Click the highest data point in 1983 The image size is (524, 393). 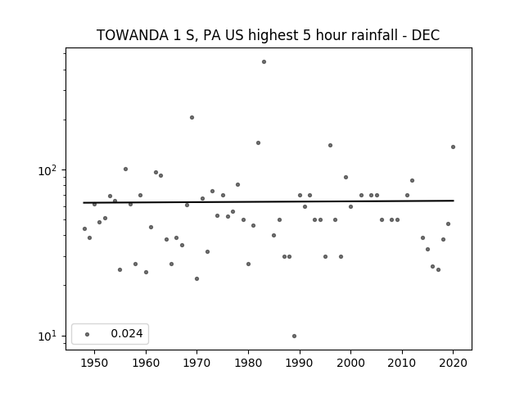coord(264,62)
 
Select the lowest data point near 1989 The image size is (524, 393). coord(294,336)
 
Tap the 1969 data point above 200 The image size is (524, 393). coord(192,117)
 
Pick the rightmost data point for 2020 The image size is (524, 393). coord(453,147)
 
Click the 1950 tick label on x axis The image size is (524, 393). coord(95,363)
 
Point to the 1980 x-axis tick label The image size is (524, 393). coord(248,363)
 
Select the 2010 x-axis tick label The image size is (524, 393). coord(402,363)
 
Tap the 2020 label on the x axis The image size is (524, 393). coord(453,363)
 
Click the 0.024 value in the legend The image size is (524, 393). coord(127,333)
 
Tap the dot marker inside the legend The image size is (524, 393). coord(87,334)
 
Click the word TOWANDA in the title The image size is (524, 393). coord(133,35)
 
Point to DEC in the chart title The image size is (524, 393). coord(426,35)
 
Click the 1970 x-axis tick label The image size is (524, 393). coord(196,363)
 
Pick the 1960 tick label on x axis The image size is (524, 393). coord(146,363)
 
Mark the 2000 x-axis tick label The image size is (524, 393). coord(351,363)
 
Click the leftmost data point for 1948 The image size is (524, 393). coord(84,228)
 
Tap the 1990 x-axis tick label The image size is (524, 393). coord(300,363)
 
